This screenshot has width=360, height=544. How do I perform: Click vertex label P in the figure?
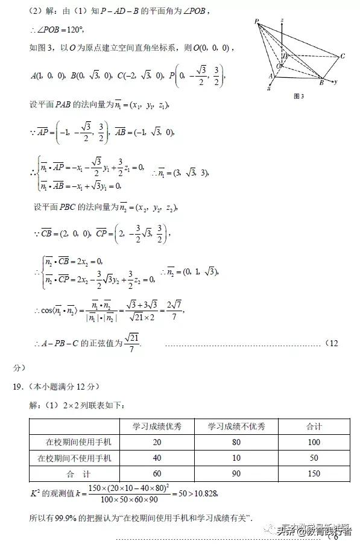tap(257, 22)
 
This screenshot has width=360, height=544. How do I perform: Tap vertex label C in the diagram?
tap(342, 56)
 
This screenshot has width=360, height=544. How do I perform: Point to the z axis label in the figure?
tap(282, 21)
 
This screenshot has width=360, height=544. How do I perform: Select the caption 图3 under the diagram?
tap(298, 96)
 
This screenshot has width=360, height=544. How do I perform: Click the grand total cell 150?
tap(314, 473)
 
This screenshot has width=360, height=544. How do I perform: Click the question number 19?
tap(18, 387)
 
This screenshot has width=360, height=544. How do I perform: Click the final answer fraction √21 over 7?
tap(131, 344)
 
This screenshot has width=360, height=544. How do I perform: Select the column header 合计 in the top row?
tap(314, 426)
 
